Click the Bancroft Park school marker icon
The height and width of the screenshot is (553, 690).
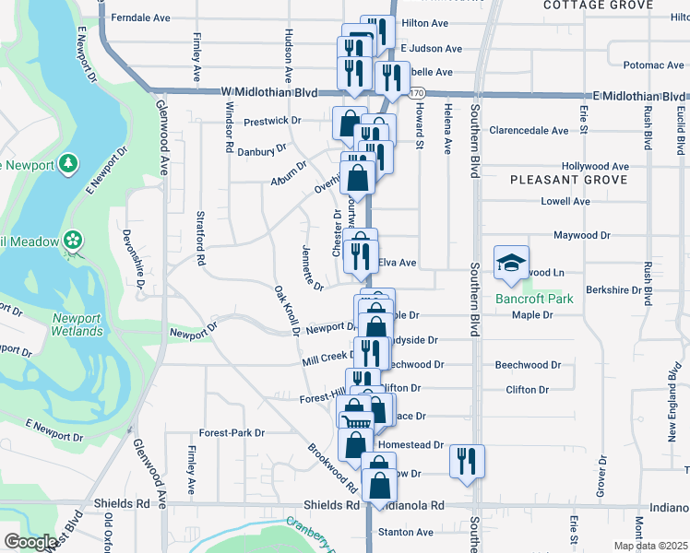coord(512,263)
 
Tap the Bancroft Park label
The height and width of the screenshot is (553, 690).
coord(534,299)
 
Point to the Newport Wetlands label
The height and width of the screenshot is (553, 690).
coord(77,324)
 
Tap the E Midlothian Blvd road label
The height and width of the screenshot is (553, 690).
coord(640,96)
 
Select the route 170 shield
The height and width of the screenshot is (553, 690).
coord(416,94)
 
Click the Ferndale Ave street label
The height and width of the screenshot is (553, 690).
coord(141,18)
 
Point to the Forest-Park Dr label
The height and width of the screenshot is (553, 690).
coord(232,432)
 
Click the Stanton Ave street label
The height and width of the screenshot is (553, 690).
coord(405,532)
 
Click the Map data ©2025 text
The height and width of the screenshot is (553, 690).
coord(650,546)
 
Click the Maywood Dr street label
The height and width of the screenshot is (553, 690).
coord(582,235)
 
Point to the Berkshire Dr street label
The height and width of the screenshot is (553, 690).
coord(613,289)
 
